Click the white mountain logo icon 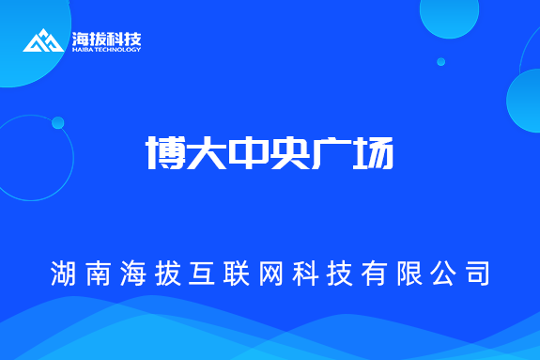(43, 40)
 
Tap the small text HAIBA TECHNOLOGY (106, 50)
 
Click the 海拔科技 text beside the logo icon (106, 39)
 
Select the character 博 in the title (165, 152)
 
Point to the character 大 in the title (207, 152)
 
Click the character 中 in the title (248, 152)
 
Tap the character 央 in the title (289, 152)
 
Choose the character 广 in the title (331, 152)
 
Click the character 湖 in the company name (64, 274)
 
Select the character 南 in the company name (98, 274)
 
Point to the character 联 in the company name (237, 274)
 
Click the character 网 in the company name (270, 274)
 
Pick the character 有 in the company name (374, 274)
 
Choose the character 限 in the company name (408, 274)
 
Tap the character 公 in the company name (441, 274)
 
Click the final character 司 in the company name (476, 274)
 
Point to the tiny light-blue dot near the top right (440, 62)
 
